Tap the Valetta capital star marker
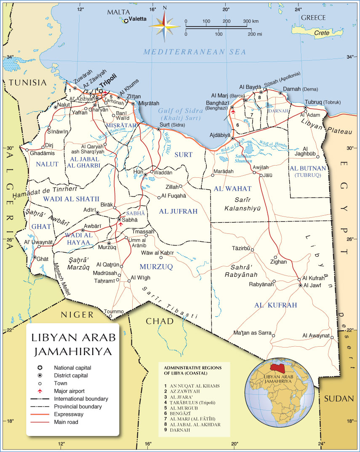(125, 20)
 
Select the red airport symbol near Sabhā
(121, 224)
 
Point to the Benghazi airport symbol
(232, 112)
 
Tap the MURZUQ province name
(156, 267)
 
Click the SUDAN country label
(337, 399)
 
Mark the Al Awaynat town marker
(332, 337)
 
